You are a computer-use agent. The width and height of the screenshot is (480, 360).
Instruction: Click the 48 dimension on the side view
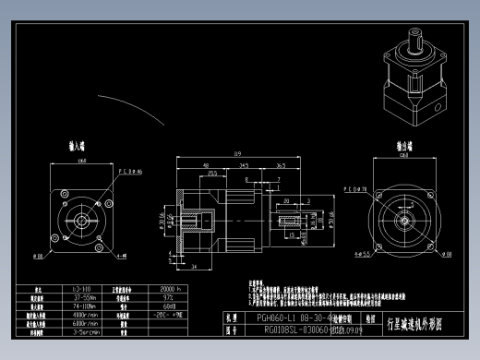tap(202, 165)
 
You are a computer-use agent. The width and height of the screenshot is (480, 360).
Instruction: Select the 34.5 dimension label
tap(243, 165)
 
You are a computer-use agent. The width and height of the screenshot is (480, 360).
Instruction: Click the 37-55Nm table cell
tap(80, 298)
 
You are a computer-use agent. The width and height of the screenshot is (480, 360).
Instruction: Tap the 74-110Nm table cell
tap(80, 306)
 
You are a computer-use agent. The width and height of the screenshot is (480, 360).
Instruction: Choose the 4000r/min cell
tap(80, 315)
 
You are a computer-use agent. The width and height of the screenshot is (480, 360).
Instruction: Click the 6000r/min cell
tap(80, 323)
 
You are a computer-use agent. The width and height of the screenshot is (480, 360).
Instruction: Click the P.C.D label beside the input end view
tap(128, 171)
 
